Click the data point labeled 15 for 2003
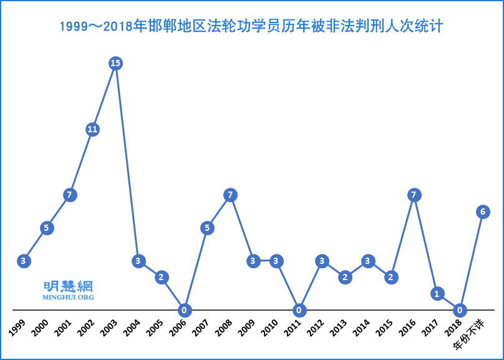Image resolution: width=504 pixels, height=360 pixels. (x=115, y=63)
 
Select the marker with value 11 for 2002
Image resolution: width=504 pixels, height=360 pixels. (x=92, y=129)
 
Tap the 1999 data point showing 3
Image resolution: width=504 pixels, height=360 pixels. (x=24, y=261)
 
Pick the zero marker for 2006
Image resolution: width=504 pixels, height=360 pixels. (x=184, y=310)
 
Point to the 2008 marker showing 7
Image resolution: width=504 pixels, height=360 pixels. (x=230, y=195)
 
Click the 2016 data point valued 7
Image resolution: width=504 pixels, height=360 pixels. (x=414, y=195)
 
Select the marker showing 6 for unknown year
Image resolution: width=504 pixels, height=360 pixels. (x=482, y=212)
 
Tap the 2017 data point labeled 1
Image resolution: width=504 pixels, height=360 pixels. (x=437, y=293)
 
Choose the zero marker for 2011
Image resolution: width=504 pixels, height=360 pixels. (x=299, y=310)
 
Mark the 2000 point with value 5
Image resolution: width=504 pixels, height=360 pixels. (x=46, y=228)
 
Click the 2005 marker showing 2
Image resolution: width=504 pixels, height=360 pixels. (x=162, y=277)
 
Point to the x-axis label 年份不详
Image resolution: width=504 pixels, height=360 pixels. (x=470, y=333)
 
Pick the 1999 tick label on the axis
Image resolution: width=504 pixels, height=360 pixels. (x=17, y=327)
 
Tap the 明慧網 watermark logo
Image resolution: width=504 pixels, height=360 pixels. (x=68, y=286)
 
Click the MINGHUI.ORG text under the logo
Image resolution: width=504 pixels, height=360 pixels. (x=68, y=297)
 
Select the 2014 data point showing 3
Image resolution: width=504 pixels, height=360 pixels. (x=368, y=261)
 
